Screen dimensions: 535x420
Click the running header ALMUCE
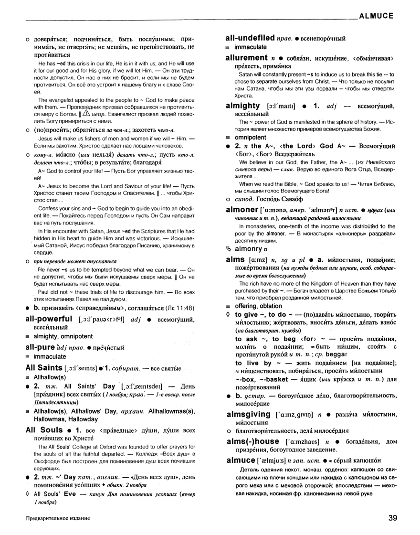pos(375,15)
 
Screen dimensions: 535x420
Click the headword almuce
pos(241,461)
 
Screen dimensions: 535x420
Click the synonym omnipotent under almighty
pos(252,137)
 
